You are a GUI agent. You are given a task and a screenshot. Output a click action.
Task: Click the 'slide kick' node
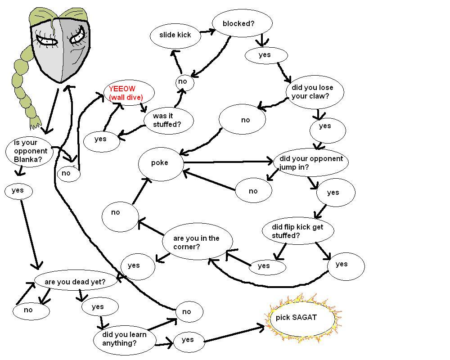tap(175, 35)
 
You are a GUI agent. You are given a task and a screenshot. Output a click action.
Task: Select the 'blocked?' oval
tap(242, 23)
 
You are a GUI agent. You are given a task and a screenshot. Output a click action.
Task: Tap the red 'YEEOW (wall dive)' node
tap(129, 93)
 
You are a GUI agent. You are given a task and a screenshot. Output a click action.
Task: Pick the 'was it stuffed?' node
tap(169, 120)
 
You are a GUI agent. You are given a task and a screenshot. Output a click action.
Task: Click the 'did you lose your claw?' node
tap(315, 92)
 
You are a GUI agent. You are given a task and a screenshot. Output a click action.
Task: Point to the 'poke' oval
tap(160, 163)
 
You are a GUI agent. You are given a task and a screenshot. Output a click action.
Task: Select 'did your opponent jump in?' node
tap(311, 162)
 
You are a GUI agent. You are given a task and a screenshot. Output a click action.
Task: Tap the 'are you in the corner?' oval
tap(197, 243)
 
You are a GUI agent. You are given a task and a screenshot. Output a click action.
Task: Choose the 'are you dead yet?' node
tap(75, 282)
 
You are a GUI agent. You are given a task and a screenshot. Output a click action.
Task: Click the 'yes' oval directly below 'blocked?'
tap(265, 55)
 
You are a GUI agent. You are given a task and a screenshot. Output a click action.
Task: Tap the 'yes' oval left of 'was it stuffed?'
tap(102, 139)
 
